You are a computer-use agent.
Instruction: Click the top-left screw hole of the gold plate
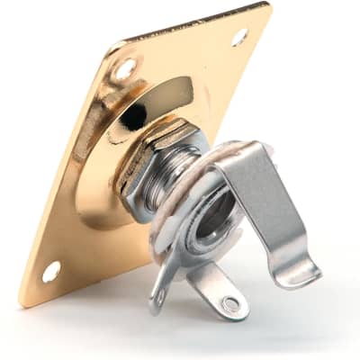(125, 67)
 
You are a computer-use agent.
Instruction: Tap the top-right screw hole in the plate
(238, 37)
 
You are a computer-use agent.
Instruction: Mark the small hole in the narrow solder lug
(159, 294)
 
